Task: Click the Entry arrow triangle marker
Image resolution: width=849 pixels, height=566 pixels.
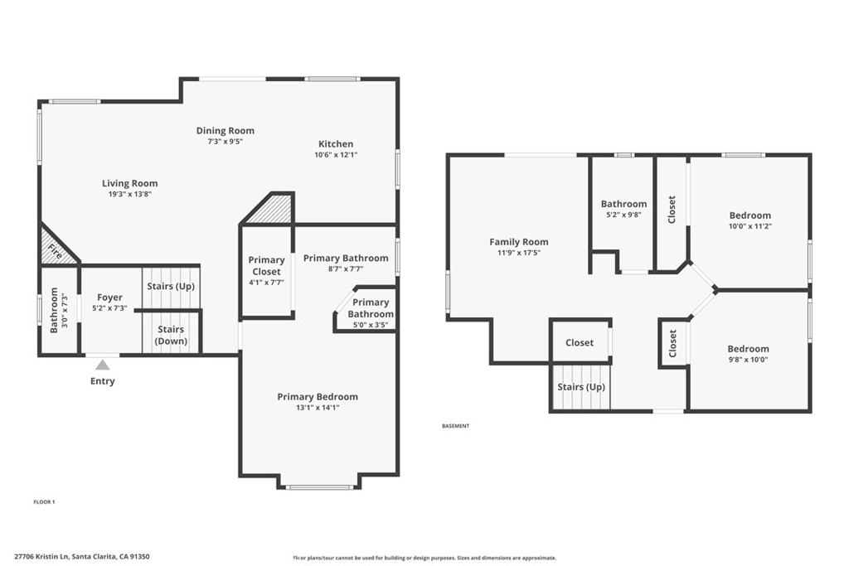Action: [x=102, y=365]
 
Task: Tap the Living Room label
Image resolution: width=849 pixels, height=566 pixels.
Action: [x=129, y=183]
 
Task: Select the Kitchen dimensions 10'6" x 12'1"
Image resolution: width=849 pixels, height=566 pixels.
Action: [x=336, y=155]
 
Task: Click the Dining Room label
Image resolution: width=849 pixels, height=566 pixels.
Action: [x=225, y=130]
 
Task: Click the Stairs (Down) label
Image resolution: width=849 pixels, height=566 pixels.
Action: [x=171, y=335]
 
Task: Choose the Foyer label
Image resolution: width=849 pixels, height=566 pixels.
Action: [x=109, y=298]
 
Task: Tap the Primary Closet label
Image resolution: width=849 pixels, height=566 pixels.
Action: [x=266, y=266]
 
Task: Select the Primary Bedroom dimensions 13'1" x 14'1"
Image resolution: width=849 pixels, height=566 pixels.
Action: [x=318, y=408]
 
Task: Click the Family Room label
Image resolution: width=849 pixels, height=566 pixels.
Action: [x=518, y=242]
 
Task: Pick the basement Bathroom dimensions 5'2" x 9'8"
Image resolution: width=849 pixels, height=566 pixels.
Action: [x=623, y=215]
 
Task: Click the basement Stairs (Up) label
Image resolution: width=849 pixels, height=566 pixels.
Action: [x=580, y=387]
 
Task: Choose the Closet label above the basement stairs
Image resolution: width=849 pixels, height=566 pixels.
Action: [x=580, y=342]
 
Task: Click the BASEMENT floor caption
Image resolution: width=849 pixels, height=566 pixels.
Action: [x=455, y=426]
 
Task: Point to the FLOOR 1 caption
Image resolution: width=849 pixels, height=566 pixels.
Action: [x=44, y=502]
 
